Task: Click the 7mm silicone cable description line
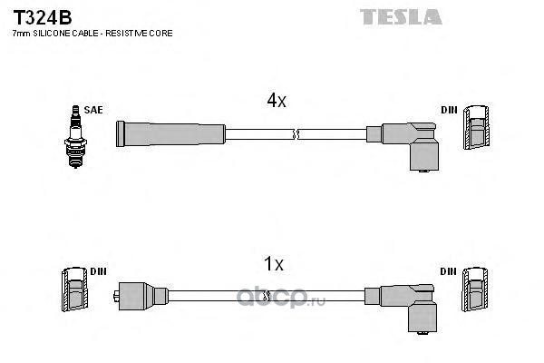pyautogui.click(x=92, y=34)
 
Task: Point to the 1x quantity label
pyautogui.click(x=273, y=265)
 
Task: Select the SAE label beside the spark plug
pyautogui.click(x=92, y=110)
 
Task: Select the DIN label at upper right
pyautogui.click(x=449, y=110)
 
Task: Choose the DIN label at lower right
pyautogui.click(x=449, y=271)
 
